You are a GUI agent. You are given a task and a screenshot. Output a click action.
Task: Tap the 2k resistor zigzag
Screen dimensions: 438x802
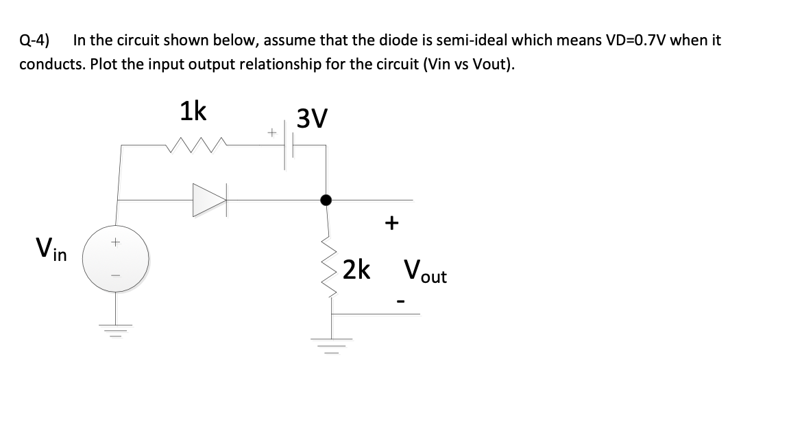pos(330,270)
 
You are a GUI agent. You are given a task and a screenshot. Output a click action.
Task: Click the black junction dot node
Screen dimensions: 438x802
pos(326,200)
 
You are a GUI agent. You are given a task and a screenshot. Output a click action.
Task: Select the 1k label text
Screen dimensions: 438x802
pos(193,111)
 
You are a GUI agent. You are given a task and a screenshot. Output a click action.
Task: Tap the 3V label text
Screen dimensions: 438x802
pos(312,119)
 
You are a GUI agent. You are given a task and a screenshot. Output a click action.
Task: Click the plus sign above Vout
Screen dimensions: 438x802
pos(391,223)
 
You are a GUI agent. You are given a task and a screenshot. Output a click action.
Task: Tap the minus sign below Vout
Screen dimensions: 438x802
pos(402,300)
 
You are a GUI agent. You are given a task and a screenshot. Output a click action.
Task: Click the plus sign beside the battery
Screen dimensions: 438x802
pos(271,130)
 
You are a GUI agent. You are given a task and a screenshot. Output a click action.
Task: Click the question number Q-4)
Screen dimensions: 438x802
pos(34,40)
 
